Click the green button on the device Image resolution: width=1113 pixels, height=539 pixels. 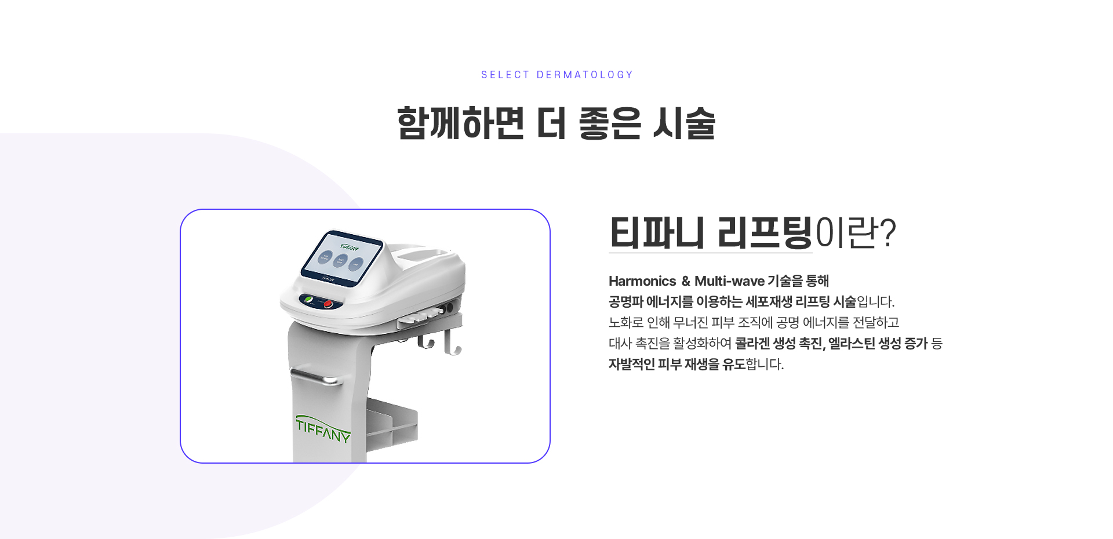(x=309, y=300)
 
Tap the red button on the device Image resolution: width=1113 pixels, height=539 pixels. (x=328, y=304)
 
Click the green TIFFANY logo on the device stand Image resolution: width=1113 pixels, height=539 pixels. (x=323, y=429)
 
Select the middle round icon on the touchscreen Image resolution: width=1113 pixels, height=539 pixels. (x=341, y=261)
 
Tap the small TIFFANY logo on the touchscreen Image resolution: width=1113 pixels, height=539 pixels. (x=350, y=247)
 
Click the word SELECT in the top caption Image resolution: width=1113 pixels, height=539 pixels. (x=505, y=75)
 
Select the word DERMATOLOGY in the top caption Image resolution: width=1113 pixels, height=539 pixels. (x=585, y=75)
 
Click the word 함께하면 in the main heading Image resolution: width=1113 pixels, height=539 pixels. (x=461, y=123)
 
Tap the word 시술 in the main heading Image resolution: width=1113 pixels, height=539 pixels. (x=685, y=123)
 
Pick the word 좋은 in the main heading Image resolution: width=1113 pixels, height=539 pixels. (x=610, y=123)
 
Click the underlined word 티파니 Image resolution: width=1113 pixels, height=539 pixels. (x=657, y=232)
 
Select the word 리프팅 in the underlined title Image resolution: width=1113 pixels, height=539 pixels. (x=765, y=232)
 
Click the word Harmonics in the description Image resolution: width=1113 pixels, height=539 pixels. (x=642, y=281)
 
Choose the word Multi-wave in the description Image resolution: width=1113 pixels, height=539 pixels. (x=729, y=281)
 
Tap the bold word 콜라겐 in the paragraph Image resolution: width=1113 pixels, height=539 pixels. (x=752, y=344)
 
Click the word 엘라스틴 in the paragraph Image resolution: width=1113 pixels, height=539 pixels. (x=851, y=344)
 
